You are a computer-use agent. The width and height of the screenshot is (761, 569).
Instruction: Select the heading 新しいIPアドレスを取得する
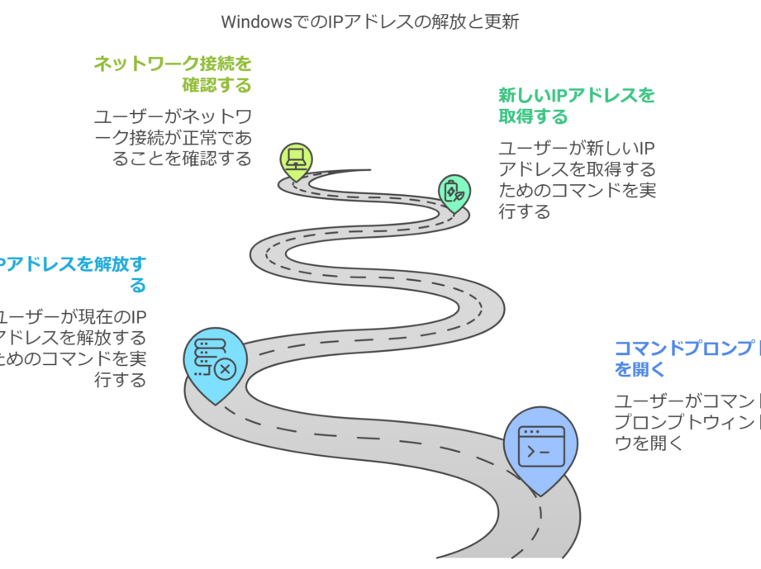[x=576, y=105]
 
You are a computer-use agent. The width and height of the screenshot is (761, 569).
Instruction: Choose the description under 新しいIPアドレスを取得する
[x=577, y=180]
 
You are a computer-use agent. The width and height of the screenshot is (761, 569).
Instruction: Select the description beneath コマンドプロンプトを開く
[x=686, y=421]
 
